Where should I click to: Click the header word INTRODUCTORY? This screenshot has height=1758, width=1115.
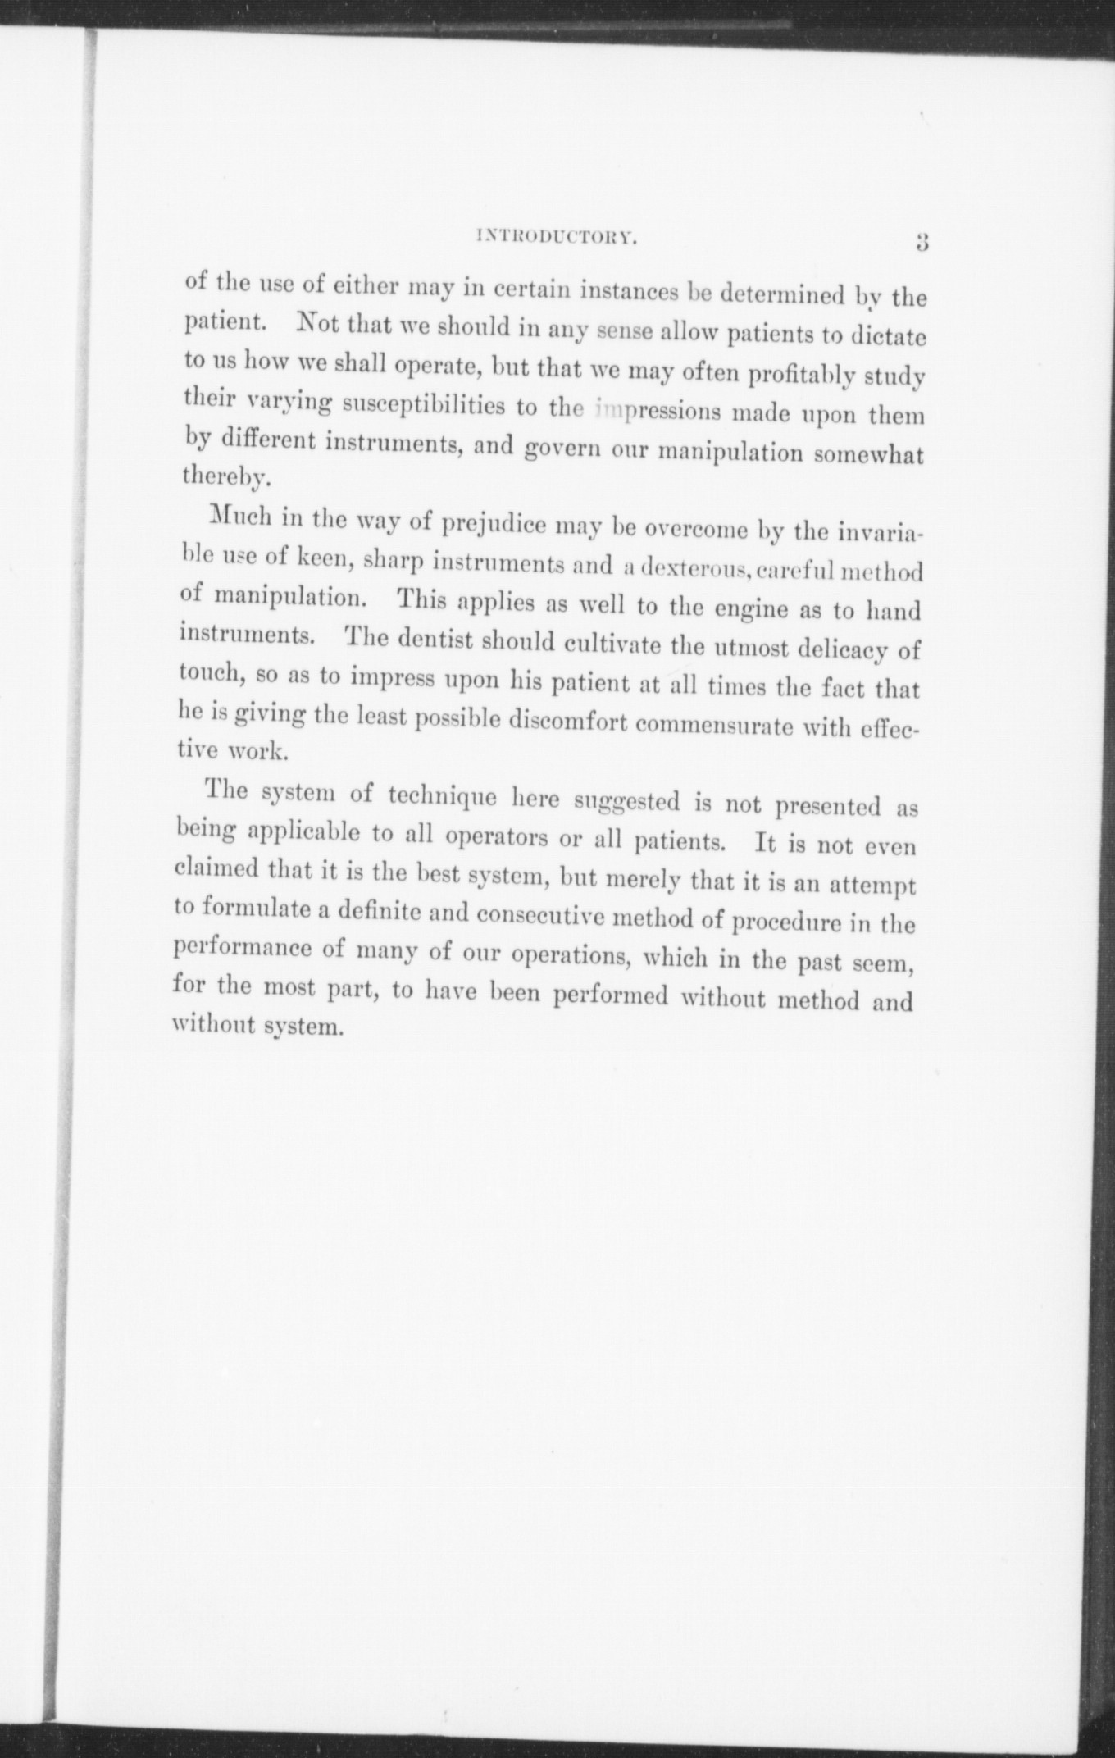point(557,239)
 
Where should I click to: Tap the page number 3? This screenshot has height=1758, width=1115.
point(921,242)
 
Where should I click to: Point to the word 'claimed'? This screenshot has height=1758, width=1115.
point(216,868)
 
